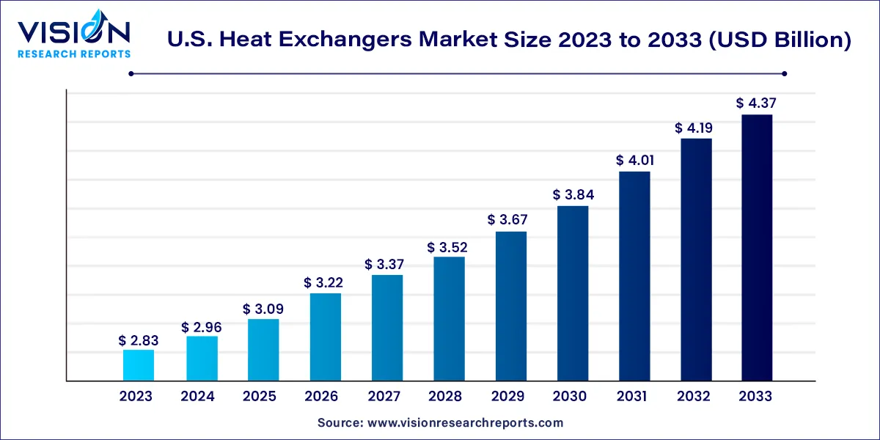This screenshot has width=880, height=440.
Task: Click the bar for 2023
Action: tap(138, 365)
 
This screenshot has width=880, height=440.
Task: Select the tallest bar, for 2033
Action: tap(756, 248)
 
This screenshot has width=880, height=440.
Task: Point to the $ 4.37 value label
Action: tap(756, 103)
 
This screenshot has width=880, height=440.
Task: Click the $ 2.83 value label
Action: tap(138, 340)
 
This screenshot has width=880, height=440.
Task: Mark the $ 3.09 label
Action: tap(262, 309)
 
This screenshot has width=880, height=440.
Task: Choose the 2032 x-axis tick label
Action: tap(694, 397)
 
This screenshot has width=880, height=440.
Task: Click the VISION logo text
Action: tap(74, 32)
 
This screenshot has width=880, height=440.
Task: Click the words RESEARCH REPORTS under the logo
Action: tap(74, 54)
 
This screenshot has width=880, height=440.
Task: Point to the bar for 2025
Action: tap(262, 350)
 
